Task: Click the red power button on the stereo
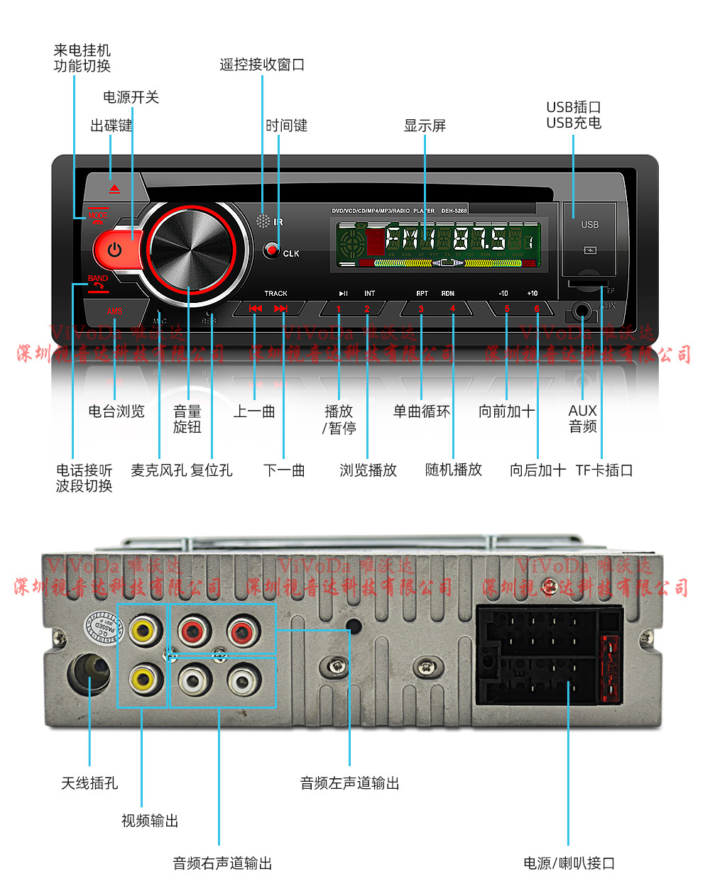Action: [114, 250]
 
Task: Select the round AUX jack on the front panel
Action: [582, 311]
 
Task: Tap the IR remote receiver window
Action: [263, 221]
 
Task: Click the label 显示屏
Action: [425, 126]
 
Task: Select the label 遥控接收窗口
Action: [262, 65]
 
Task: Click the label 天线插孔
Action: [89, 783]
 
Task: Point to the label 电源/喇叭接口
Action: [569, 863]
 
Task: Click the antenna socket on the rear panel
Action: [89, 673]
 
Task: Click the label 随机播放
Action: [454, 470]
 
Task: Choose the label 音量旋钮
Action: [187, 419]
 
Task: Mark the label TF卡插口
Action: [604, 470]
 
